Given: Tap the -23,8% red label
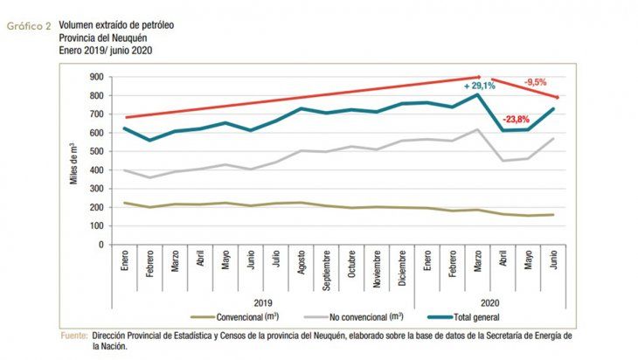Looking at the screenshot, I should (x=519, y=120).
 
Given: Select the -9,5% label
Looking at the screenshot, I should (x=536, y=82).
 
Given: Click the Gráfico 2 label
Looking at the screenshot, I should (x=27, y=26).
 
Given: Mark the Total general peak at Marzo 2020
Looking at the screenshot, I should (x=477, y=95).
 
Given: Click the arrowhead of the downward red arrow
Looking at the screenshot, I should (x=557, y=97).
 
